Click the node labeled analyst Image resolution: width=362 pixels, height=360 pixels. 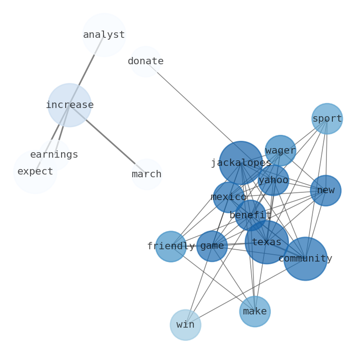pos(104,35)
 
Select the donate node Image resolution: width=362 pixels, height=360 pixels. pos(145,62)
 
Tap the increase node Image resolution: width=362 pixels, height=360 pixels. pos(70,105)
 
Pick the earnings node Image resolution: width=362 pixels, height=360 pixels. pos(54,155)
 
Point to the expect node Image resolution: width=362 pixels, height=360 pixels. pos(35,172)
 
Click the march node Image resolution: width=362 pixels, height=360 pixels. pos(147,175)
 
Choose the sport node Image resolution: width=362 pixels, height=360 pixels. pos(327,119)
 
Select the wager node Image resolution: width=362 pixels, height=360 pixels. pos(280,151)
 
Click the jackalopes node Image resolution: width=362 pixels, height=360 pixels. pos(241,163)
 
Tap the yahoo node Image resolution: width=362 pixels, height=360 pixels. pos(273,180)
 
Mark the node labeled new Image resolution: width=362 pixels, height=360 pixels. pos(326,190)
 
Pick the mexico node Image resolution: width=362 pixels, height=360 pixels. pos(228,197)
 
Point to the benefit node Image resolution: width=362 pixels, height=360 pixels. pos(250,216)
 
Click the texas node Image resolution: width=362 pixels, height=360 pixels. pos(267,242)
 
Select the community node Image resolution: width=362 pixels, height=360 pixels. pos(305,259)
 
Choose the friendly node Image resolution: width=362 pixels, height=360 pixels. pos(171,247)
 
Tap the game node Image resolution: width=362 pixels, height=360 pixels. pos(212,246)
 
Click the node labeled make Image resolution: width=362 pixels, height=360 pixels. pos(255,312)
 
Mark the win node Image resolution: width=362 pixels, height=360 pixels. pos(186,325)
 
